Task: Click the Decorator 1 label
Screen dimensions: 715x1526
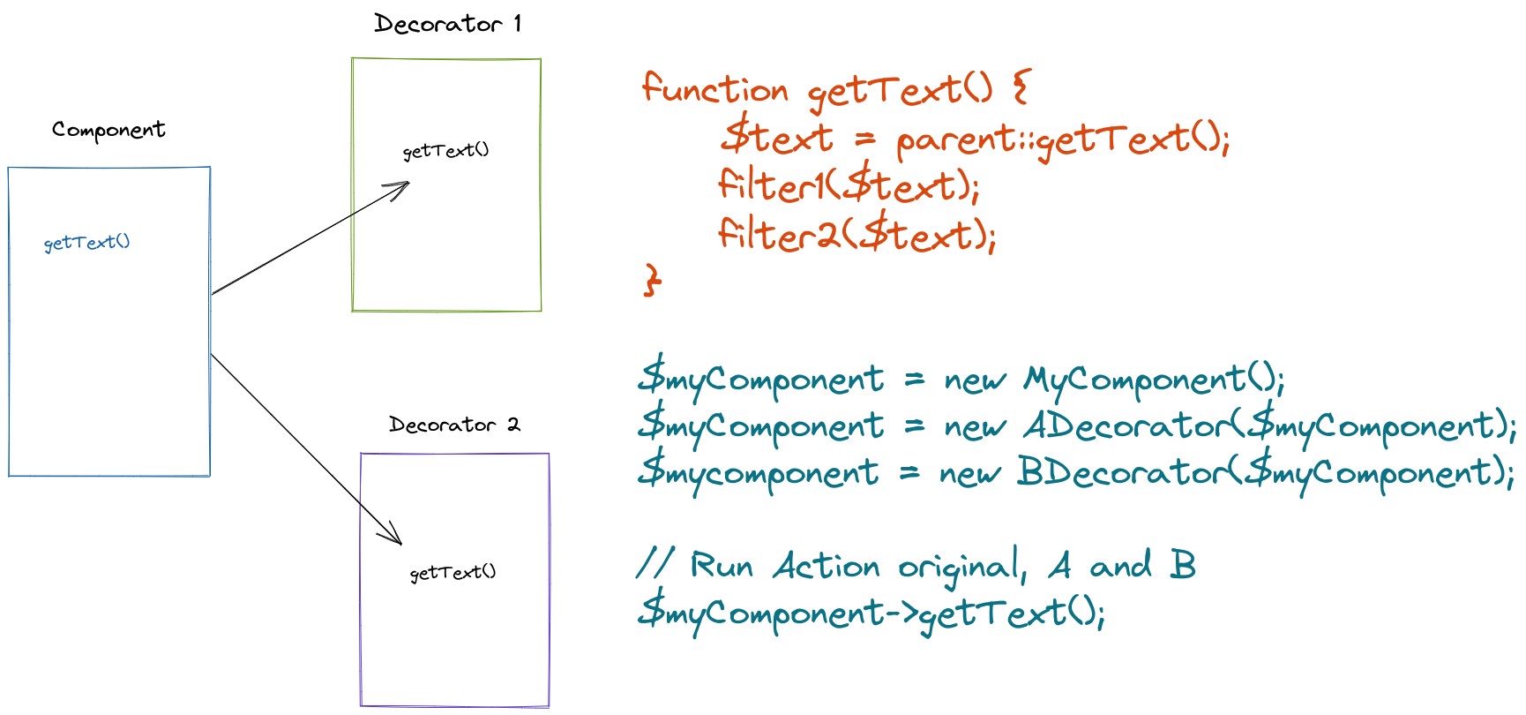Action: point(448,24)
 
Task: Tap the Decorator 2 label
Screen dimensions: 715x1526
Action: point(454,425)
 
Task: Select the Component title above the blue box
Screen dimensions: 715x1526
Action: point(108,130)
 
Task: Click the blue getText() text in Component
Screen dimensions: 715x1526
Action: point(86,242)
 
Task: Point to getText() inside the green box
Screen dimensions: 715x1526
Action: point(445,151)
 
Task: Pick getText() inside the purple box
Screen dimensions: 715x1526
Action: point(453,573)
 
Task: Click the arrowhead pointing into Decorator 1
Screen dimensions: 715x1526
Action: point(401,186)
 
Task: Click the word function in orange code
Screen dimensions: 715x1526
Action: point(714,89)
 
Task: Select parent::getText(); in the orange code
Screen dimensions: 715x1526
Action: point(1063,139)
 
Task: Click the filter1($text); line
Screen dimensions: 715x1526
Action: point(849,186)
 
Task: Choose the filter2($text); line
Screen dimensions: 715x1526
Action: point(857,235)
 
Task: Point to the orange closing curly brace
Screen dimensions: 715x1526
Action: point(653,280)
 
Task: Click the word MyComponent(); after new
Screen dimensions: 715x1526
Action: point(1154,380)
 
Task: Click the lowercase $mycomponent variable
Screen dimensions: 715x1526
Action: point(759,473)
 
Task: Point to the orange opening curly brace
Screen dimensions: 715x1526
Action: point(1021,87)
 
